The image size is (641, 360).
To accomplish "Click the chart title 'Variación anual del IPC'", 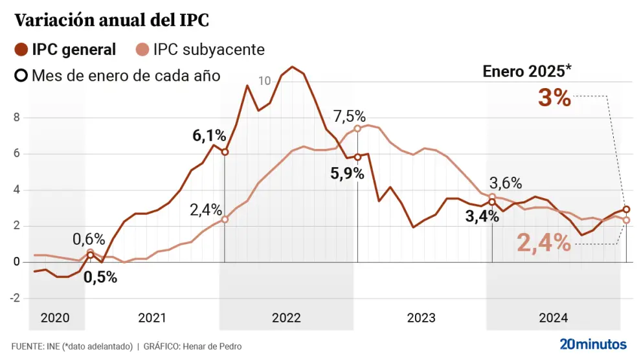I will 111,21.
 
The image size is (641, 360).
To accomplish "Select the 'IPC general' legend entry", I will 74,49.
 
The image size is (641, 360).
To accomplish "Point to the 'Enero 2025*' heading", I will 528,71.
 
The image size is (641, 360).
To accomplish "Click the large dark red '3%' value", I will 554,98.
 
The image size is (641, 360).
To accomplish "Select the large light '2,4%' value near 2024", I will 544,243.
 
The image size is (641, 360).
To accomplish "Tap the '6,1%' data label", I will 209,136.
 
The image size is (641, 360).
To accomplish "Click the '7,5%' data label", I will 350,117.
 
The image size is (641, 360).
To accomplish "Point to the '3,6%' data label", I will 505,183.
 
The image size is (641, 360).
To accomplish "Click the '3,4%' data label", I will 482,216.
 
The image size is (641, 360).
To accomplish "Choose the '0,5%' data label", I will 100,277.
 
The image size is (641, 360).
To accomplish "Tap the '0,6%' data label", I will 87,239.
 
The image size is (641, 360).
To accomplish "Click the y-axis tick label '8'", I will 16,117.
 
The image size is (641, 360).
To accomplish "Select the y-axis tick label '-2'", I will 14,298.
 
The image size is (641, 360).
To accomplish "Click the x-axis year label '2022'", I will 286,318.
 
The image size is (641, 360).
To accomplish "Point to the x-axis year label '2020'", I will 54,318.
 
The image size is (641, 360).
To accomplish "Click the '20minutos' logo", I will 593,343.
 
